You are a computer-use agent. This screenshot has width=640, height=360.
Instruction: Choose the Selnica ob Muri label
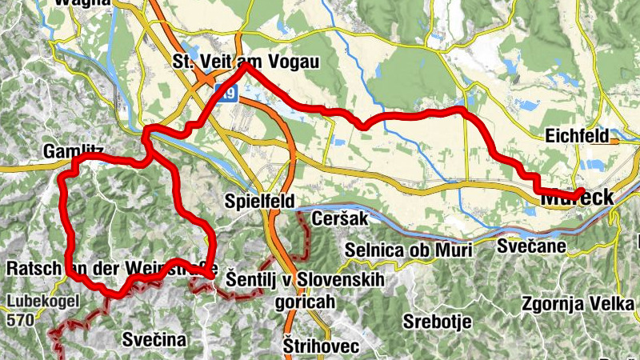408,250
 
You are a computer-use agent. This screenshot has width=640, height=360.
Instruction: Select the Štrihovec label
322,346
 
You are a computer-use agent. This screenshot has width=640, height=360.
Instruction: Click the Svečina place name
154,339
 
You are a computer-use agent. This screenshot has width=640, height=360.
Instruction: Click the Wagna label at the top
82,3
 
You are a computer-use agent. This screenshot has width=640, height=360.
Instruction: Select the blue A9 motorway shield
230,95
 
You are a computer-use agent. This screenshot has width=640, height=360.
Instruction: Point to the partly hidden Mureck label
577,197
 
